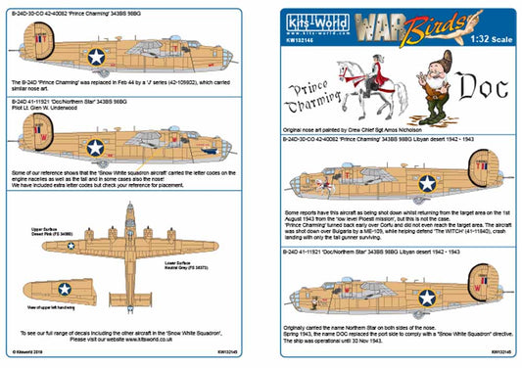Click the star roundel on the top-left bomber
coord(96,57)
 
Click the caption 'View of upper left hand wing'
coord(59,309)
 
